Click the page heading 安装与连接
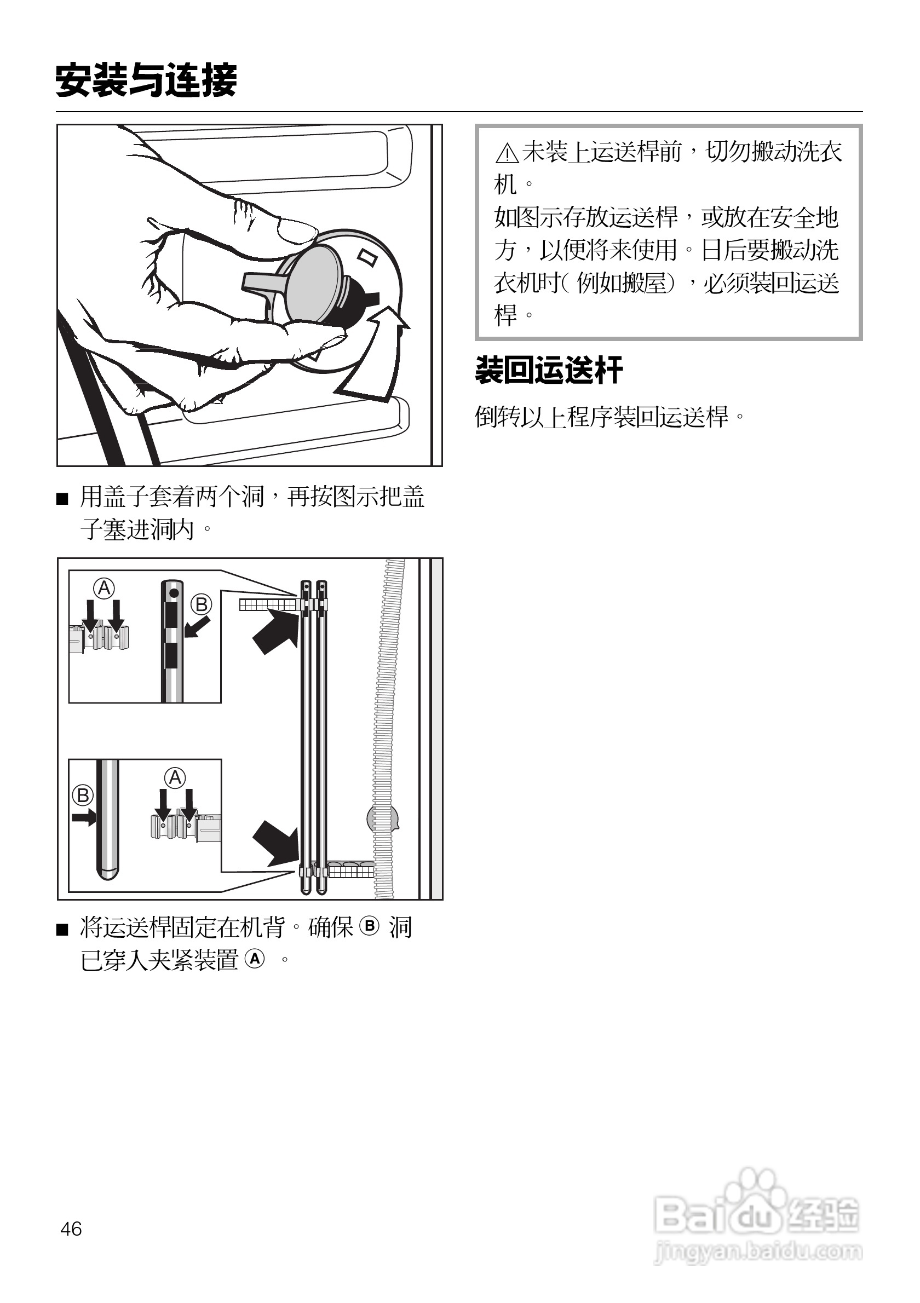point(146,80)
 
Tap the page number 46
point(71,1229)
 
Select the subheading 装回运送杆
point(549,371)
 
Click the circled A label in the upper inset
point(105,588)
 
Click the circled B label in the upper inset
point(201,604)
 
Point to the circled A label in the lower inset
point(175,777)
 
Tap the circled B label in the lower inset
point(83,795)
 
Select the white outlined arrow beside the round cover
point(375,355)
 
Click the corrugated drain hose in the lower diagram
point(388,710)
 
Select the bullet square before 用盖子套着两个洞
point(62,499)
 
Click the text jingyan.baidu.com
point(758,1251)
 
